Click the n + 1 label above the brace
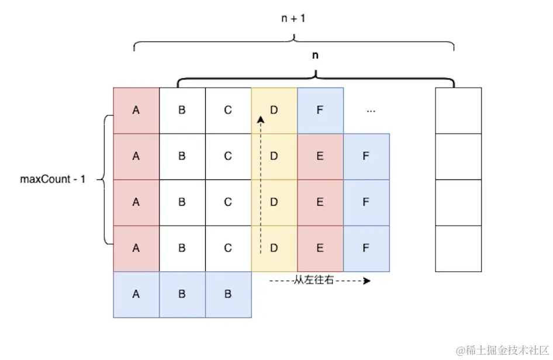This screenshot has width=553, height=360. coord(293,19)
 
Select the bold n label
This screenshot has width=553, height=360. coord(316,56)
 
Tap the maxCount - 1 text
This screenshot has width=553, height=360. coord(53,179)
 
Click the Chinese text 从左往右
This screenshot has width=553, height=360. coord(313,281)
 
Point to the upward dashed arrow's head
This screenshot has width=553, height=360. coord(261,119)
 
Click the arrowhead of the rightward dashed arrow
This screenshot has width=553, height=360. coord(367,281)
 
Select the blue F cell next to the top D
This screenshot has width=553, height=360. coord(320,110)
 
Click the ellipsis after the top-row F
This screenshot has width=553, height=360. coord(370,110)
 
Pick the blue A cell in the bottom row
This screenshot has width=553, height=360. coord(136,294)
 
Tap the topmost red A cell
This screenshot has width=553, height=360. coord(136,110)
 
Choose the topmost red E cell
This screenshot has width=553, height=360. coord(320,156)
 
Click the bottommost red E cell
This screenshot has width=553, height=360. coord(320,248)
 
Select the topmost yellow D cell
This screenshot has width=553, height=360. coord(274,110)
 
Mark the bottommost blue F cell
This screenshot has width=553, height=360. coord(366,248)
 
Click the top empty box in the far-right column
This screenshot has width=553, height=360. coord(458,110)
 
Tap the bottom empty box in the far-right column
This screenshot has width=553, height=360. coord(458,248)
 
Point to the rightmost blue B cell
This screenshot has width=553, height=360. coord(228,294)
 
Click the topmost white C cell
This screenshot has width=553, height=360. coord(228,110)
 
